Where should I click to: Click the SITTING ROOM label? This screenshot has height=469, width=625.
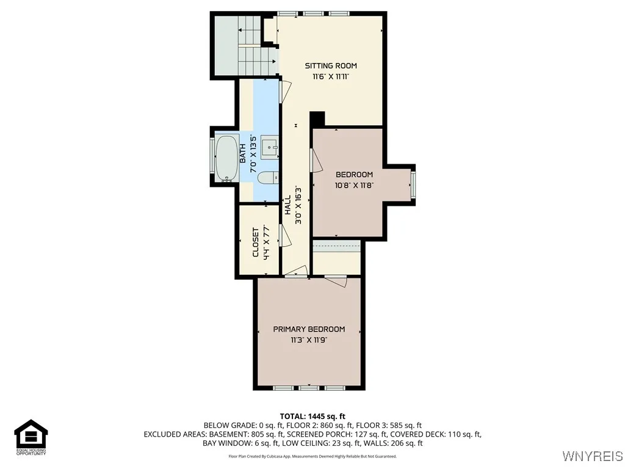(x=331, y=66)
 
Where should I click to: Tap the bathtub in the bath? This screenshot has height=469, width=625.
(x=226, y=158)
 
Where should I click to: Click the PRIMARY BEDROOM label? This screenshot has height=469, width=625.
(x=309, y=329)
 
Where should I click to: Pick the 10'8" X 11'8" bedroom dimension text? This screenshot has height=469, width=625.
(x=354, y=184)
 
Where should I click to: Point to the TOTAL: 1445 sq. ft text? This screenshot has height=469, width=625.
(x=312, y=416)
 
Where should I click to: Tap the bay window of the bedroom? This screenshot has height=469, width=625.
(x=413, y=185)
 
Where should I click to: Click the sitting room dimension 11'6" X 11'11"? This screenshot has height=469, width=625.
(x=331, y=77)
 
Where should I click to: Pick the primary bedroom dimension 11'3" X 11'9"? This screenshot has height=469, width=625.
(x=309, y=340)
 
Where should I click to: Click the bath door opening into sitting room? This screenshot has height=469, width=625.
(x=283, y=90)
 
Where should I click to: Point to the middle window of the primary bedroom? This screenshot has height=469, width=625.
(x=309, y=388)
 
